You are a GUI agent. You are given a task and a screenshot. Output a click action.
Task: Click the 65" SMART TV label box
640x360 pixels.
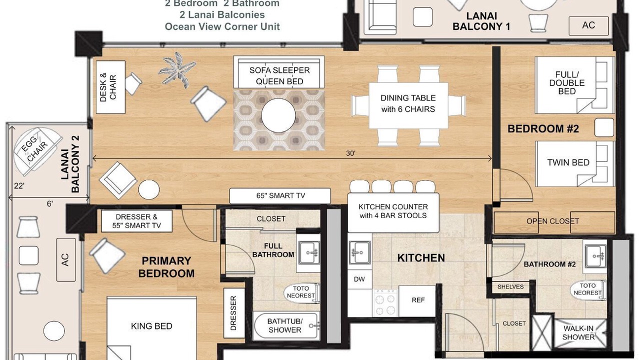pyautogui.click(x=280, y=195)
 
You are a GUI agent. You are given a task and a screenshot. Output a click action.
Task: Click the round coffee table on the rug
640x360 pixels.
pyautogui.click(x=278, y=115)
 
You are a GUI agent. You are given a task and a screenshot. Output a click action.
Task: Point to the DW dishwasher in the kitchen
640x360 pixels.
pyautogui.click(x=359, y=279)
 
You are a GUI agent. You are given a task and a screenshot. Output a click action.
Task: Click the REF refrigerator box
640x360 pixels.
pyautogui.click(x=418, y=300)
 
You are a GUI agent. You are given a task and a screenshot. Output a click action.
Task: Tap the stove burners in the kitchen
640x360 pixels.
pyautogui.click(x=385, y=303)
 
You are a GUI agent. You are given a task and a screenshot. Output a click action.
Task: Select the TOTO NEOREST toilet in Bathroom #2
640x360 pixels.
pyautogui.click(x=588, y=289)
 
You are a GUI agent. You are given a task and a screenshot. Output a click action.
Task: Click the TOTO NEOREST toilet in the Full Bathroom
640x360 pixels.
pyautogui.click(x=302, y=292)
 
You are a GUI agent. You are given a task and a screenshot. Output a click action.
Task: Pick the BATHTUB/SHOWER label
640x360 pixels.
pyautogui.click(x=285, y=325)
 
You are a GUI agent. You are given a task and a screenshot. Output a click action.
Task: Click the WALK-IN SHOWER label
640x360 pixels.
pyautogui.click(x=578, y=333)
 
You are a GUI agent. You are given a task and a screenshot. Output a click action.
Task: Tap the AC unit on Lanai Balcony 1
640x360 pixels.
pyautogui.click(x=588, y=25)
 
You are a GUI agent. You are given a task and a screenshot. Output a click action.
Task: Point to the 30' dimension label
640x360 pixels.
pyautogui.click(x=350, y=153)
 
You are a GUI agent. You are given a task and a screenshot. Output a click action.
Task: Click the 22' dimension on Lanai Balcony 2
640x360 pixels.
pyautogui.click(x=19, y=186)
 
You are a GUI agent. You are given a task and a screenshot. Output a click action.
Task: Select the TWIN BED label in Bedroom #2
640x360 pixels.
pyautogui.click(x=568, y=162)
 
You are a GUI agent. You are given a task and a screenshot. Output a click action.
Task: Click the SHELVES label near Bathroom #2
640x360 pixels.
pyautogui.click(x=510, y=287)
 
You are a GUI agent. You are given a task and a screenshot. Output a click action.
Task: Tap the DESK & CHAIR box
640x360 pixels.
pyautogui.click(x=110, y=87)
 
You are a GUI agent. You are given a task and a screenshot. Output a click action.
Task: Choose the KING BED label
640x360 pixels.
pyautogui.click(x=151, y=326)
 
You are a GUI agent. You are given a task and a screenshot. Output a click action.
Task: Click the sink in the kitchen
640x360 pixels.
pyautogui.click(x=360, y=252)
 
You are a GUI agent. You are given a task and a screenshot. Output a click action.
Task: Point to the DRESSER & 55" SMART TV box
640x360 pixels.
pyautogui.click(x=136, y=221)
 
